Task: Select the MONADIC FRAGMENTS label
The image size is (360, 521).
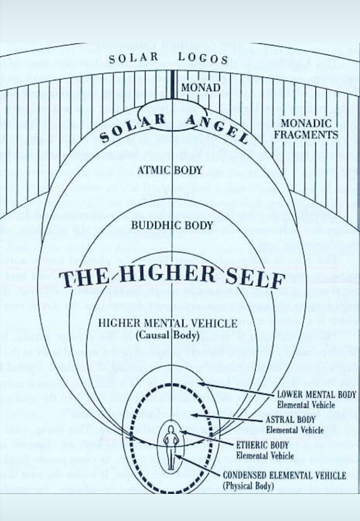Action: [309, 129]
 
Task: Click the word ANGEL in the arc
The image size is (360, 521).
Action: [217, 127]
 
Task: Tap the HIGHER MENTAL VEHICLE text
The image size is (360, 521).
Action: [167, 324]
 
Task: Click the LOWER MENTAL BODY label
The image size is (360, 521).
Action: [316, 394]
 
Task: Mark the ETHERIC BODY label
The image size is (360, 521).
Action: [263, 445]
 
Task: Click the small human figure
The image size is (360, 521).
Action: [172, 443]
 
